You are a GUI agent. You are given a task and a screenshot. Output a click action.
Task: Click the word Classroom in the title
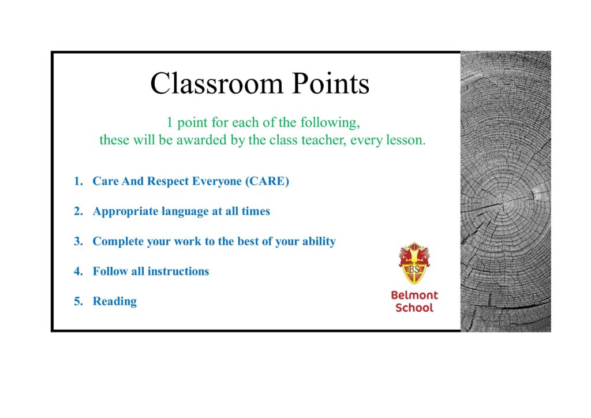pos(216,83)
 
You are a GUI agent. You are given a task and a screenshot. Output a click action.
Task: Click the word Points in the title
pos(331,83)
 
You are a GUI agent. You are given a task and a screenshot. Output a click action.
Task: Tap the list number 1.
pos(78,181)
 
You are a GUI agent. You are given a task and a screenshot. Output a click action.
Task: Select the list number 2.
pos(78,211)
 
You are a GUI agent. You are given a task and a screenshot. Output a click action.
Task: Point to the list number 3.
pos(78,241)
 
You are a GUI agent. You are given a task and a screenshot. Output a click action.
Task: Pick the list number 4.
pos(78,271)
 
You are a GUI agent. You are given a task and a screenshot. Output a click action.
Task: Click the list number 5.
pos(78,301)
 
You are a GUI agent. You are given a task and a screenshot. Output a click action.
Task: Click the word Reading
pos(115,302)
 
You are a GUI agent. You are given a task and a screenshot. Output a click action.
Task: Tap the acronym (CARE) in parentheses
pos(267,181)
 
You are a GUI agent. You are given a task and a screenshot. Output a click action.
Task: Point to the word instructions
pos(178,271)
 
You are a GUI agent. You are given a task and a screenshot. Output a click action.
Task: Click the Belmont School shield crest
pos(414,263)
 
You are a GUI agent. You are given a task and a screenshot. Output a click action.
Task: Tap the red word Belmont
pos(414,295)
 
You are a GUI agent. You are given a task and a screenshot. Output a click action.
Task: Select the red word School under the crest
pos(414,308)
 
